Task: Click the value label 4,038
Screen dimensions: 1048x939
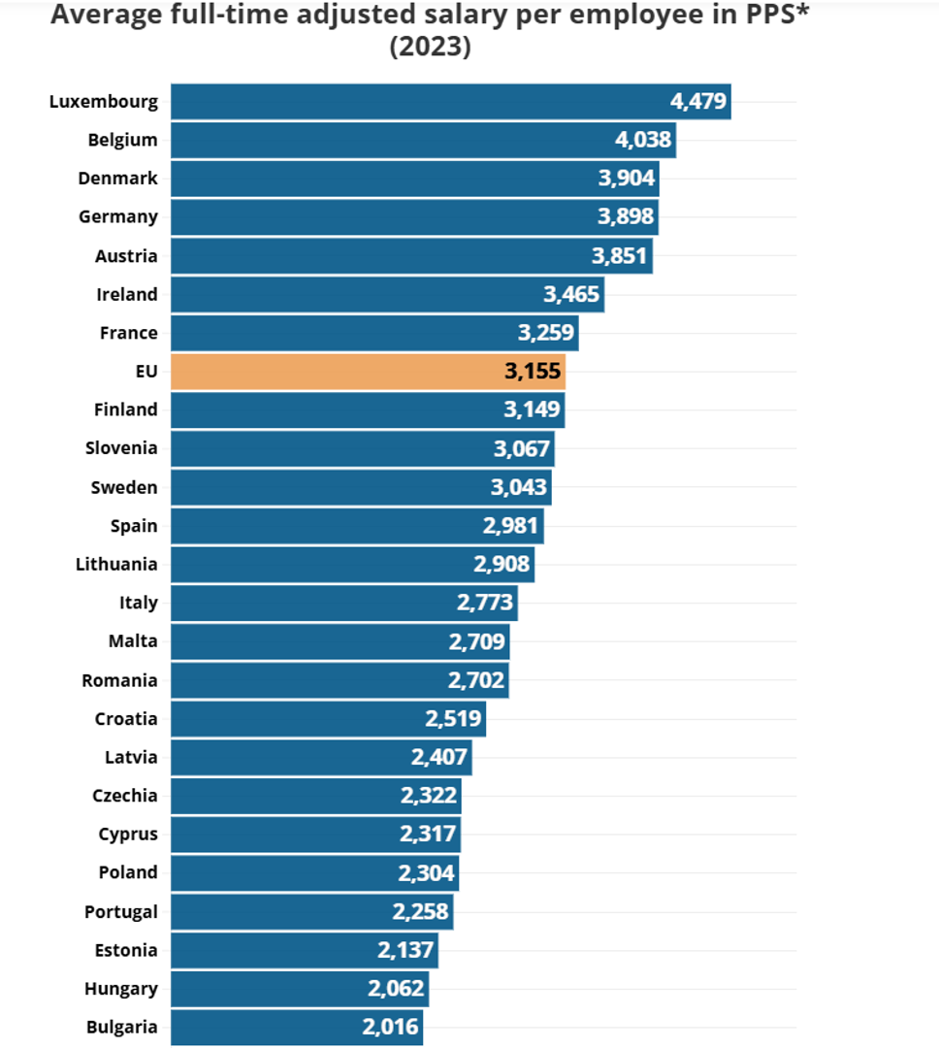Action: (643, 140)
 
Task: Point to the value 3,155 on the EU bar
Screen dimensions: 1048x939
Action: (533, 372)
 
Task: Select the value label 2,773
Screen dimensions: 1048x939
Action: (485, 603)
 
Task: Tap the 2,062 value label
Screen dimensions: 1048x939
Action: (396, 989)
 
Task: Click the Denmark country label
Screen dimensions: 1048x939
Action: (117, 179)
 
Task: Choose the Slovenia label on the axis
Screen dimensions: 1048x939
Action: (121, 448)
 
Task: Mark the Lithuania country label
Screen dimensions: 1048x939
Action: (116, 564)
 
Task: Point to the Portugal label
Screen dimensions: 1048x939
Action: (120, 911)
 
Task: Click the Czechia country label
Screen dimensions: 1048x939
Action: (124, 796)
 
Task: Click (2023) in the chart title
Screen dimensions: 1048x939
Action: (430, 47)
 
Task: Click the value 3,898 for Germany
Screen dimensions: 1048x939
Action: (626, 216)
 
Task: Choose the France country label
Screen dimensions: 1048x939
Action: (128, 333)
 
